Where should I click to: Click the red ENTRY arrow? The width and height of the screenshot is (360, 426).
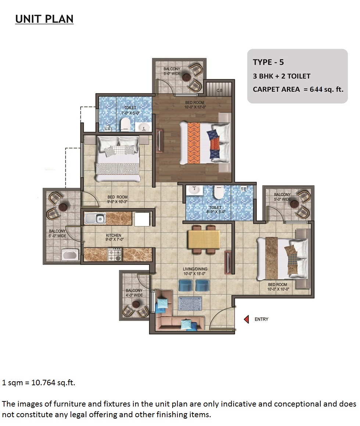pyautogui.click(x=247, y=319)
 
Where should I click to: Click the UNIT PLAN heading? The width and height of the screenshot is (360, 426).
pyautogui.click(x=44, y=19)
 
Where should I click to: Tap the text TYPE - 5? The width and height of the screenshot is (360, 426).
pyautogui.click(x=268, y=62)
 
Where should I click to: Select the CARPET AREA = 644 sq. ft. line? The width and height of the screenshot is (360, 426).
pyautogui.click(x=298, y=89)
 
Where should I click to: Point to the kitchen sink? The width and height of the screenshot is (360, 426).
pyautogui.click(x=95, y=219)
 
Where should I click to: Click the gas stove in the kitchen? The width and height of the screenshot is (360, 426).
pyautogui.click(x=114, y=254)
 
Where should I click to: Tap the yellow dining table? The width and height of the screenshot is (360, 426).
pyautogui.click(x=204, y=239)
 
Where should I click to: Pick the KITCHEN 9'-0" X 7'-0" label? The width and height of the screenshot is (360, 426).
pyautogui.click(x=114, y=237)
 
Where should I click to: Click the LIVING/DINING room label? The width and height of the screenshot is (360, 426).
pyautogui.click(x=195, y=271)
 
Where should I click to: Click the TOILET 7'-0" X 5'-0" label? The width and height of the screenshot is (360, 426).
pyautogui.click(x=130, y=110)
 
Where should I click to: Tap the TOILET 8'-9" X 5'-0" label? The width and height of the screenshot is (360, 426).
pyautogui.click(x=215, y=210)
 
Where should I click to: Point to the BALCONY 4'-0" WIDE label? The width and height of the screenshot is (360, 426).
pyautogui.click(x=134, y=293)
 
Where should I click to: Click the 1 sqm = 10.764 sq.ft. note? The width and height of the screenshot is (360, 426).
pyautogui.click(x=39, y=383)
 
